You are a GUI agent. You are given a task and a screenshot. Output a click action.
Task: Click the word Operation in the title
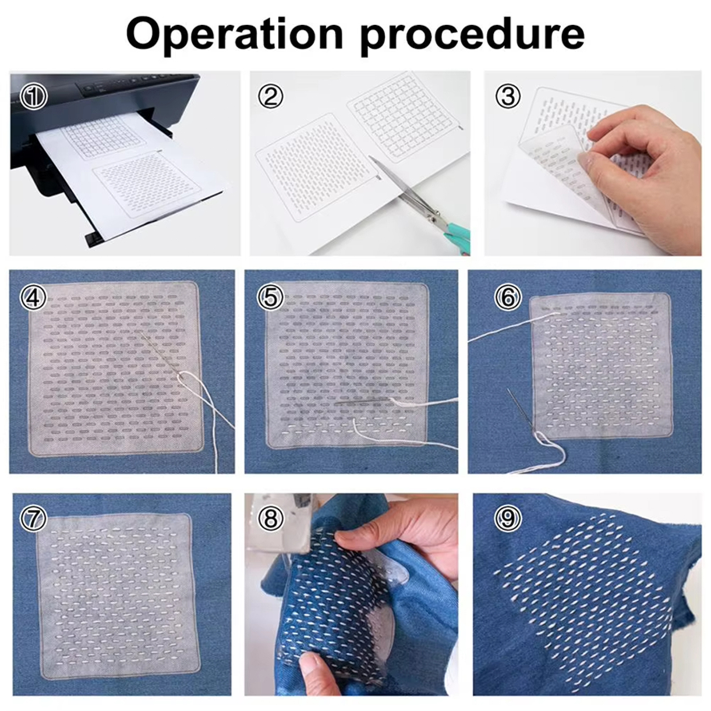click(x=235, y=33)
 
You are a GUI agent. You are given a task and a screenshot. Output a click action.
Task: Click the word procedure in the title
click(x=472, y=34)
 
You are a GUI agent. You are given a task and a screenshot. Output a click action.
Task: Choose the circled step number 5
click(x=270, y=297)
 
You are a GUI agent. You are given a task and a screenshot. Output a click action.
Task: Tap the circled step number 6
click(x=507, y=297)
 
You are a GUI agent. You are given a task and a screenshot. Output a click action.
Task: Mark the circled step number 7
click(x=33, y=518)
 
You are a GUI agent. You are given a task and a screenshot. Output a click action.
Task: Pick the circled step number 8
click(x=271, y=518)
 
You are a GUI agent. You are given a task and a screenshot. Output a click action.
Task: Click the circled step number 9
click(x=508, y=518)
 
